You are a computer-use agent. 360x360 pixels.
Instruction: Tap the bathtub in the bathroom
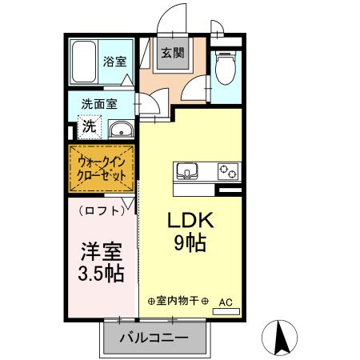(83, 62)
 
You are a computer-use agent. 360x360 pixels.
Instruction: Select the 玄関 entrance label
(171, 54)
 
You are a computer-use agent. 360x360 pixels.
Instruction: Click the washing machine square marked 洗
(90, 126)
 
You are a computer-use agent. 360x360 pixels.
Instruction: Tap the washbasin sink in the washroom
(121, 130)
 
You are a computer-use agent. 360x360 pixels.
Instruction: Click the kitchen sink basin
(187, 171)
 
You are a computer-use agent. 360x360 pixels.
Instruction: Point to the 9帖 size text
(190, 243)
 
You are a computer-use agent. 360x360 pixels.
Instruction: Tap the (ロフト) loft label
(102, 211)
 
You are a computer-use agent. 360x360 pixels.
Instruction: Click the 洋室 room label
(100, 250)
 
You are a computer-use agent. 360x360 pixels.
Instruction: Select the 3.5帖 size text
(100, 274)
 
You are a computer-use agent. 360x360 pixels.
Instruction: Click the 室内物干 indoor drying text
(178, 301)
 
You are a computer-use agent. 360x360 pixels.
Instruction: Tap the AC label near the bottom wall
(226, 302)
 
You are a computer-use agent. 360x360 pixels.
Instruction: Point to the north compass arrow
(281, 336)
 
